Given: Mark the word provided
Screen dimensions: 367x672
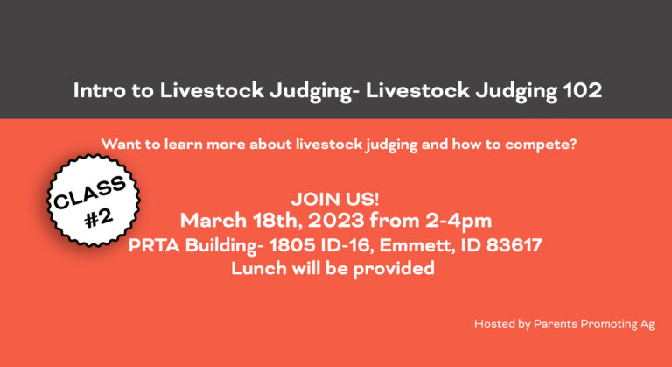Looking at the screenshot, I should click(x=394, y=269).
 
